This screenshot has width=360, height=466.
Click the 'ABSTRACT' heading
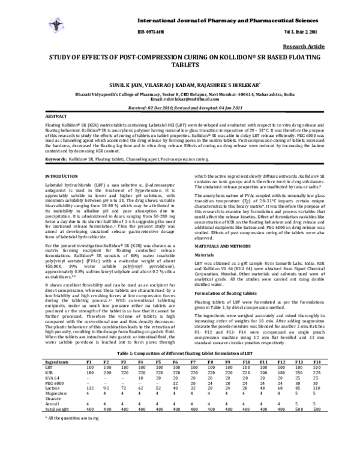tap(57, 115)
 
